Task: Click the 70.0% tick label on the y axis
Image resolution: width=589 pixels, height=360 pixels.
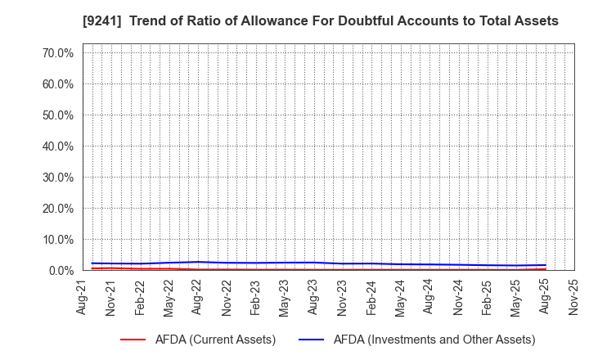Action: point(58,53)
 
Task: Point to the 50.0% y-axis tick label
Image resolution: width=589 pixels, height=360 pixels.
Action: point(58,115)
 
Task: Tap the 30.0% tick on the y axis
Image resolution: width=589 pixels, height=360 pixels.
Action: point(58,178)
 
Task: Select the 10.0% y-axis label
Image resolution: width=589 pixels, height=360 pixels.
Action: point(58,240)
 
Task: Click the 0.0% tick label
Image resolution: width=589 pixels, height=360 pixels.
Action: point(61,271)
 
